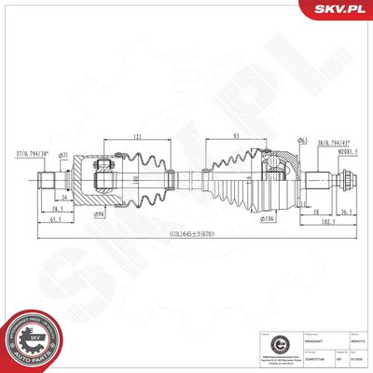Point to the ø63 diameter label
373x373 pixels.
278,140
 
